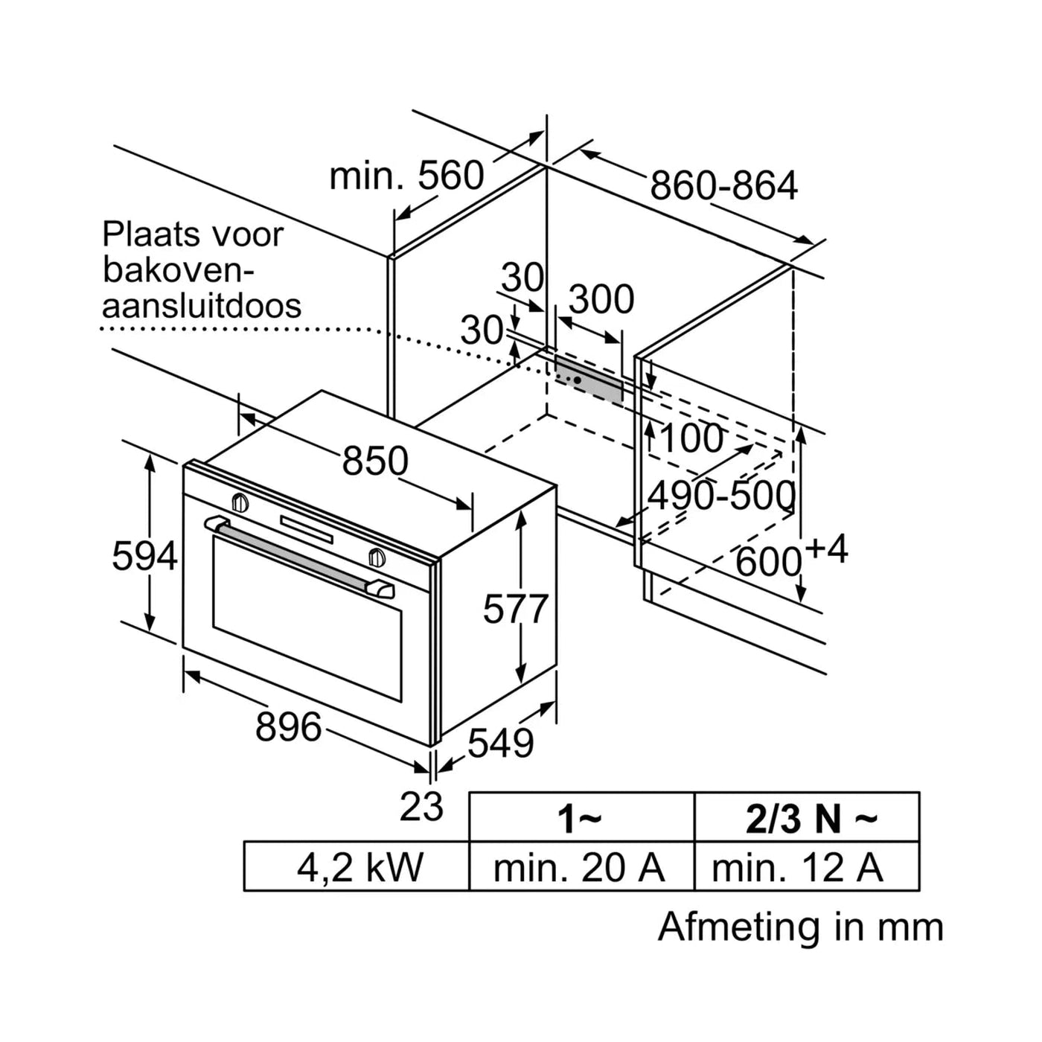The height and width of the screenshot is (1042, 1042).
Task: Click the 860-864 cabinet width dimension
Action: point(723,185)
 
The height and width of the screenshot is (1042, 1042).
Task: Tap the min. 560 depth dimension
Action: point(406,176)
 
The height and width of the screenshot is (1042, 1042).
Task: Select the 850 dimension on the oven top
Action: point(375,461)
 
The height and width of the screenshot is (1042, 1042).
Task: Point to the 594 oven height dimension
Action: point(144,556)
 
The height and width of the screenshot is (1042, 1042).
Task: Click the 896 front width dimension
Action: point(288,726)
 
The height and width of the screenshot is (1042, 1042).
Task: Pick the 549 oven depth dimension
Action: point(501,743)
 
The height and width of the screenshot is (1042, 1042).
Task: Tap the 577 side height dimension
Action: point(515,609)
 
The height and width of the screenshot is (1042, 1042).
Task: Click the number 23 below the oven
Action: point(421,807)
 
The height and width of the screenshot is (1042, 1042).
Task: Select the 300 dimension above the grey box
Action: point(601,299)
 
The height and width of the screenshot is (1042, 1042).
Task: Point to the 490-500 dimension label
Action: point(721,495)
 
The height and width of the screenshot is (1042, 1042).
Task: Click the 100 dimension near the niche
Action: point(691,438)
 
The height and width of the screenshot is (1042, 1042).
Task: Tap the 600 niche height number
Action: point(768,562)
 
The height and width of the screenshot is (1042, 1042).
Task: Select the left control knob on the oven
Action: point(240,502)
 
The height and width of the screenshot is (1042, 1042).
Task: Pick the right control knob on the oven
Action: point(377,557)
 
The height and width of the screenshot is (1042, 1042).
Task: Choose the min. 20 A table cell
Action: point(581,867)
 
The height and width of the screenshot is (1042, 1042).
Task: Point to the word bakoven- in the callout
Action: point(179,270)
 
